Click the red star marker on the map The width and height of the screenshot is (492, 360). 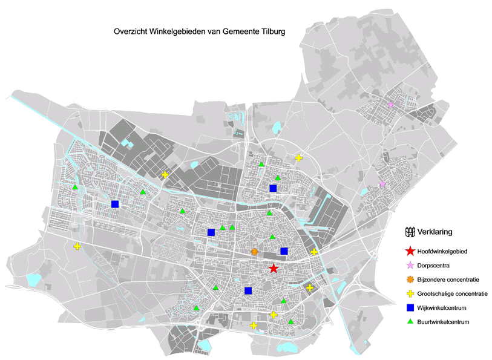point(273,269)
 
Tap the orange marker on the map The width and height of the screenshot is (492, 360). point(255,252)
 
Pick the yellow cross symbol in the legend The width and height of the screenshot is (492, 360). point(411,294)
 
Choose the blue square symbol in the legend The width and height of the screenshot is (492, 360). point(411,308)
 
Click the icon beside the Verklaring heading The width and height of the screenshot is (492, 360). point(410,231)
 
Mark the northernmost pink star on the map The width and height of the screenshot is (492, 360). point(390,105)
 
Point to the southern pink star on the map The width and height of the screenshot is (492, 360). point(382,184)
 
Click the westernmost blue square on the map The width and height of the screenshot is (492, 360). point(115,204)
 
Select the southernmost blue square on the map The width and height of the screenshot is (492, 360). point(248,290)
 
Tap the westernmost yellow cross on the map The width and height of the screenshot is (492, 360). point(77,246)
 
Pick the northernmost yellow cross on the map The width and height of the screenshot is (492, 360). point(298,158)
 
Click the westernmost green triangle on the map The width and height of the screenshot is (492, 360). point(75,187)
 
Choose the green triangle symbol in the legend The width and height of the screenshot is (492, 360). point(411,322)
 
